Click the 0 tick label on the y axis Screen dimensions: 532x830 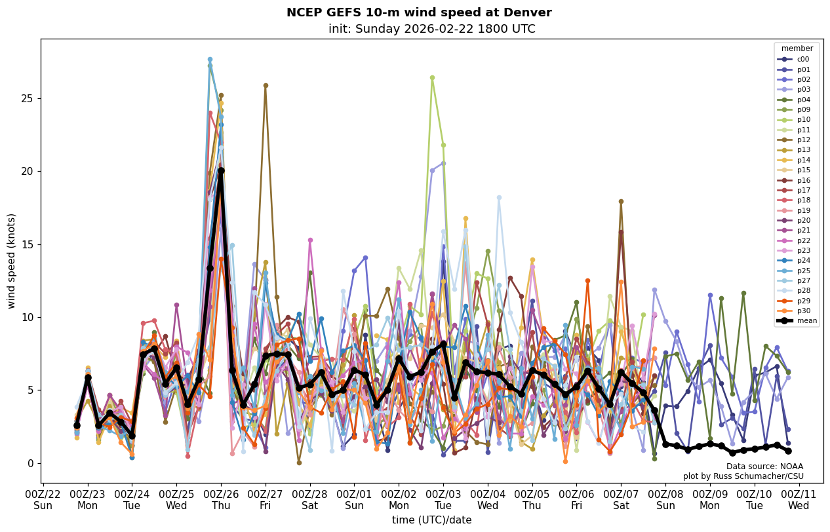point(31,463)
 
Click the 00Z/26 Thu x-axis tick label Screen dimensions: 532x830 point(221,499)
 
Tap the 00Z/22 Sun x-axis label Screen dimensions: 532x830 point(43,499)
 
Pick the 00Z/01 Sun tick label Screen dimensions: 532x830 point(355,499)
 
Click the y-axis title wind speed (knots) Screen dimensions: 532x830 point(11,261)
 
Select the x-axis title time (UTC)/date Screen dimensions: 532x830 point(432,520)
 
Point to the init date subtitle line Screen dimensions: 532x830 point(432,29)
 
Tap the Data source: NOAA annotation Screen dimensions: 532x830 point(764,466)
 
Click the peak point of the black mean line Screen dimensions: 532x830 point(221,171)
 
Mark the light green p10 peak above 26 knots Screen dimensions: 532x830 point(432,77)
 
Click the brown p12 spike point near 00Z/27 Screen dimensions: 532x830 point(266,85)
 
